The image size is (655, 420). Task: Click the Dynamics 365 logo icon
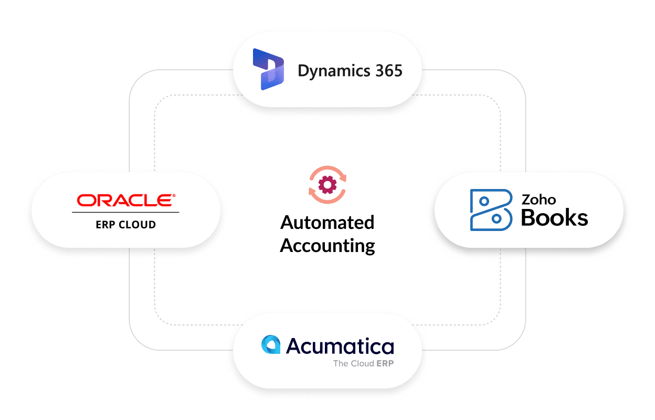click(268, 69)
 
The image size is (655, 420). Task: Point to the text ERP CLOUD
click(126, 225)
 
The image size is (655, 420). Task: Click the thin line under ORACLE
click(125, 212)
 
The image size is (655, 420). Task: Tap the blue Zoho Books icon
click(490, 209)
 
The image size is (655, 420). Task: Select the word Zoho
click(538, 199)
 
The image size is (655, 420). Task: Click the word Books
click(554, 217)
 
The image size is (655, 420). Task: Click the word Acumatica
click(340, 346)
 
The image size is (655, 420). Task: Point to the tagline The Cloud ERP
click(363, 363)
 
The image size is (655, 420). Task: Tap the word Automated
click(327, 223)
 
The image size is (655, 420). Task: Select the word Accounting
click(327, 245)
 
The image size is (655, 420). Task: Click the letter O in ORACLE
click(86, 200)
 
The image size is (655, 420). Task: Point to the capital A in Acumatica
click(296, 346)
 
